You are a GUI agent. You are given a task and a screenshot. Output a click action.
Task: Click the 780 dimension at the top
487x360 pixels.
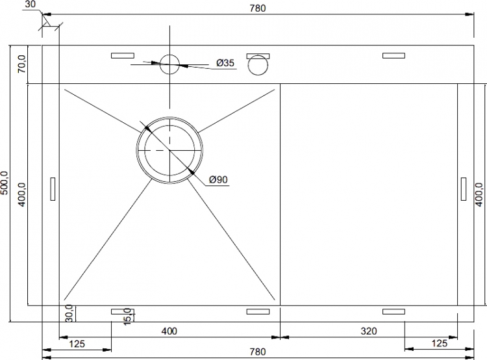click(x=258, y=8)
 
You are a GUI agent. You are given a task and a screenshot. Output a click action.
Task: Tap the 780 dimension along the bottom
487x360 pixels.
click(x=258, y=352)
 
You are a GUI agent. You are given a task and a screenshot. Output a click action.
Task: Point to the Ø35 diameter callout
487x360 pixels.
click(x=225, y=63)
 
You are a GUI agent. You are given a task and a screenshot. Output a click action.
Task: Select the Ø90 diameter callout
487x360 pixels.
click(x=218, y=180)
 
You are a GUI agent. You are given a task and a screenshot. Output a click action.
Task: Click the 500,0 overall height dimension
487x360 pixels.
click(x=5, y=183)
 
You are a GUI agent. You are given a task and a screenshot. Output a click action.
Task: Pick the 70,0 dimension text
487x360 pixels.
click(x=21, y=64)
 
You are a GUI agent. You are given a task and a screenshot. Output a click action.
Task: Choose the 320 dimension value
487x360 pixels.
click(x=369, y=331)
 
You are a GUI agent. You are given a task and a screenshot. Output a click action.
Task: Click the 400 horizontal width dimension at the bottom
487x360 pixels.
click(x=169, y=331)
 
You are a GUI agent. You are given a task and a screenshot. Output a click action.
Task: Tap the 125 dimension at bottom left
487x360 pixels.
click(x=77, y=344)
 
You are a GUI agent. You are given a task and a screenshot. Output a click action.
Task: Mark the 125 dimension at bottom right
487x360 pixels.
click(x=439, y=343)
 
